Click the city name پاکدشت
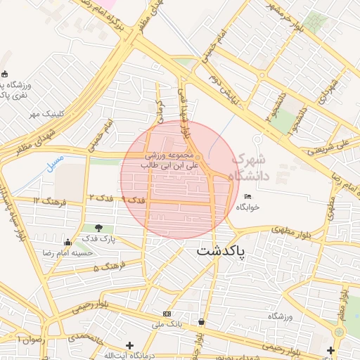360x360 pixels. [x=221, y=250]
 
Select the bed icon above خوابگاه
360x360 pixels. [x=247, y=196]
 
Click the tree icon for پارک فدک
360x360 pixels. [x=98, y=228]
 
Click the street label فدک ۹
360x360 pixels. [x=133, y=200]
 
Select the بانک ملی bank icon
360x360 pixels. [x=167, y=314]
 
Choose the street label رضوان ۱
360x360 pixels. [x=28, y=340]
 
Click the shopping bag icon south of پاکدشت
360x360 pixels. [x=202, y=322]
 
